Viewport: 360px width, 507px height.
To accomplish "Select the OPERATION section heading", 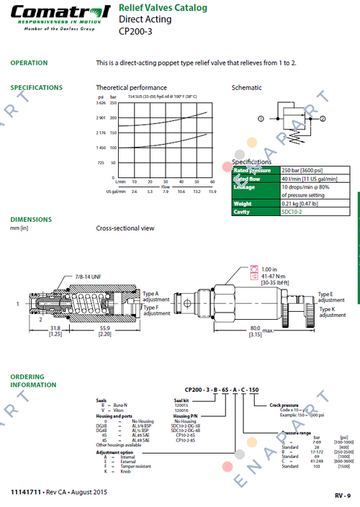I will [29, 63].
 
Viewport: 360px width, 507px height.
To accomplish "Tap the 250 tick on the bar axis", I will [114, 104].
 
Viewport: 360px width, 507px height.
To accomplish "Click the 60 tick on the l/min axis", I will [212, 182].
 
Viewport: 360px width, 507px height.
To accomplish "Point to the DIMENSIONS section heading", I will [31, 219].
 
